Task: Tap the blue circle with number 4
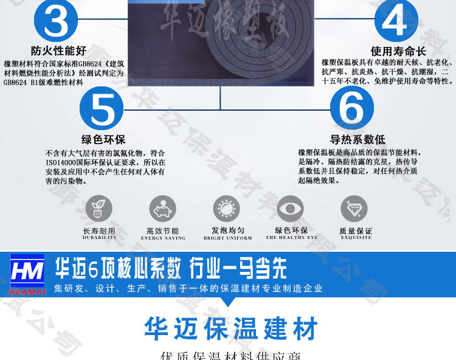[396, 21]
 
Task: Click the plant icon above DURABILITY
[98, 209]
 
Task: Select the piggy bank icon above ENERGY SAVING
[163, 209]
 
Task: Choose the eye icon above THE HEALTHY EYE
[290, 209]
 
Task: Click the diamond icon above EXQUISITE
[354, 209]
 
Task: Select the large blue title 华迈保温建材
[231, 329]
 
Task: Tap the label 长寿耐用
[98, 231]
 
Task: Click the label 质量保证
[356, 231]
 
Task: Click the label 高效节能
[163, 231]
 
